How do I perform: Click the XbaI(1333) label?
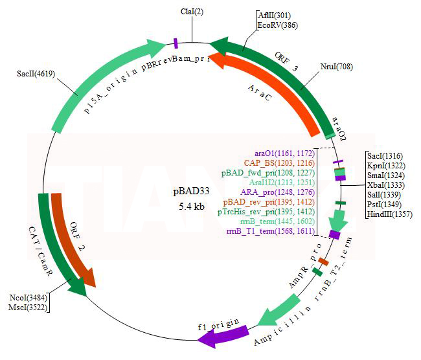click(386, 185)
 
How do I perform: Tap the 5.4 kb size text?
click(192, 207)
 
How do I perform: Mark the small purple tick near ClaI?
click(176, 43)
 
